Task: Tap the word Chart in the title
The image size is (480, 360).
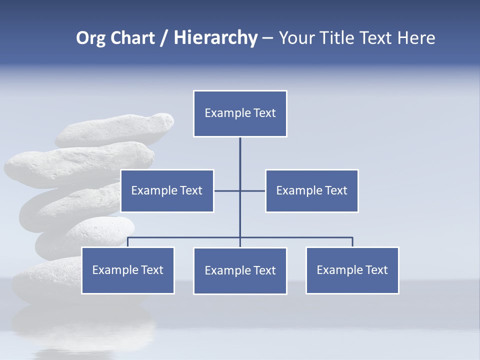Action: tap(130, 38)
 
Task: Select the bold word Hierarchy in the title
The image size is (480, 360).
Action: tap(215, 38)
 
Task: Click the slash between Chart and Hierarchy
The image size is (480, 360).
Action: tap(164, 38)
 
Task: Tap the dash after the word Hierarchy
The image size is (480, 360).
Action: tap(267, 38)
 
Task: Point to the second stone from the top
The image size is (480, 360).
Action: tap(80, 162)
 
